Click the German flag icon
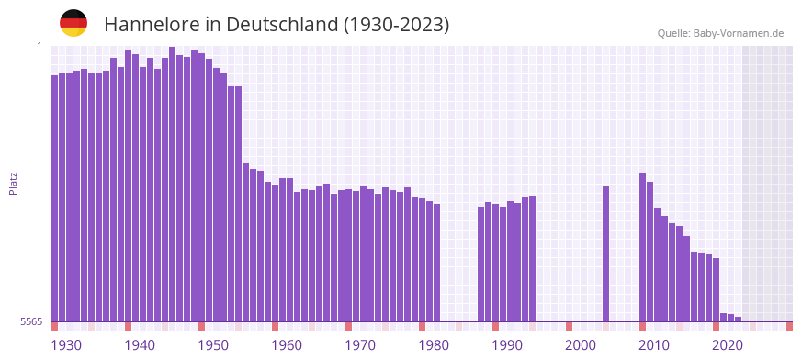[x=73, y=23]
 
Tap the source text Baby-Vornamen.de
[x=738, y=33]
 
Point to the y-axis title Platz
[x=13, y=183]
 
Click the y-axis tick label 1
[x=40, y=46]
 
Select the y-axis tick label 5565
[x=30, y=321]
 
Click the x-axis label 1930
[x=66, y=345]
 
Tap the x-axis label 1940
[x=140, y=345]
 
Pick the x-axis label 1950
[x=213, y=345]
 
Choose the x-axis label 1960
[x=287, y=345]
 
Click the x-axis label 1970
[x=360, y=345]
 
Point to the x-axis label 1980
[x=434, y=345]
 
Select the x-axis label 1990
[x=507, y=345]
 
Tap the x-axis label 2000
[x=581, y=345]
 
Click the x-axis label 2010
[x=654, y=345]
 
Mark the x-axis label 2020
[x=728, y=345]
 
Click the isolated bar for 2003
[x=606, y=253]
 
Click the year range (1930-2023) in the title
[x=396, y=25]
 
